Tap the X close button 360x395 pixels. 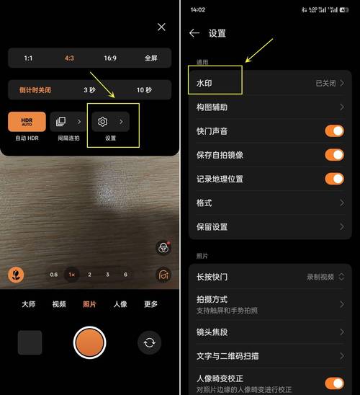[161, 27]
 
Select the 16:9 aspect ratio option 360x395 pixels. [109, 58]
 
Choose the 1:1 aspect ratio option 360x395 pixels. [28, 58]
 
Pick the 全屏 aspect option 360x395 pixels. [150, 58]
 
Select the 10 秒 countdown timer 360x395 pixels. [144, 90]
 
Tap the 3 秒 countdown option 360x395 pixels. [89, 90]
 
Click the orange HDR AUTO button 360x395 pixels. [27, 121]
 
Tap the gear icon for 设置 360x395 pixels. [103, 122]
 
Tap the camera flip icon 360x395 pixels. [149, 342]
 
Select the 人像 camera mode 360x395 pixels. [120, 304]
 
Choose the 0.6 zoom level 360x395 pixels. [53, 275]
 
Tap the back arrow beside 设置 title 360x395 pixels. [194, 33]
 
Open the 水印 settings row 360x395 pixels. [266, 83]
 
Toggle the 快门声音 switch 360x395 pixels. [334, 130]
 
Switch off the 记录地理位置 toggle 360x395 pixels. [334, 179]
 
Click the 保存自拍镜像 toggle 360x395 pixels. [334, 155]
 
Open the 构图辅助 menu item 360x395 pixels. [266, 107]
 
